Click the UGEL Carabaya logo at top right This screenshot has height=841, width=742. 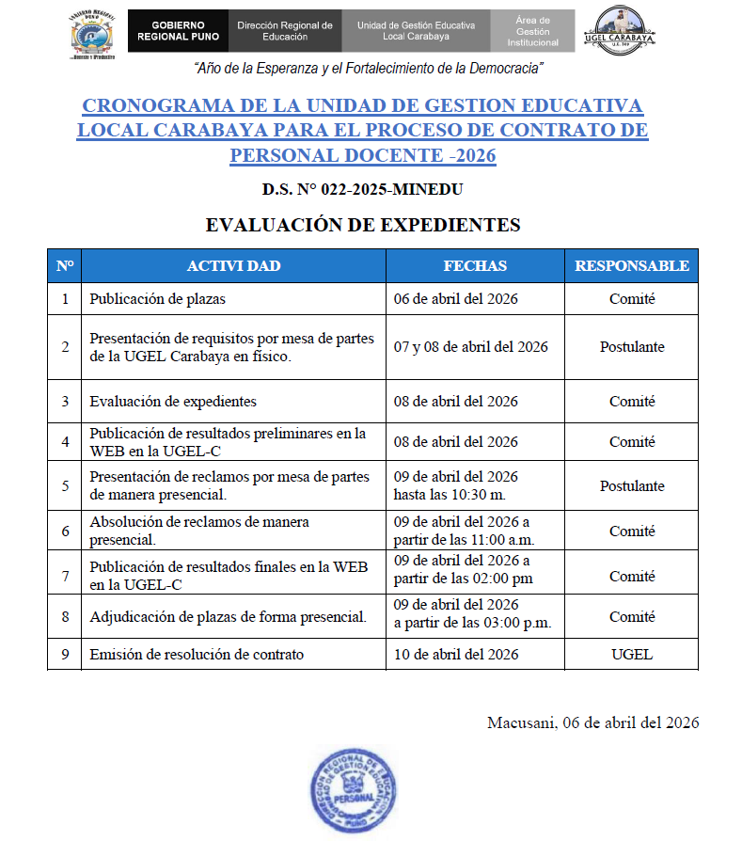point(620,31)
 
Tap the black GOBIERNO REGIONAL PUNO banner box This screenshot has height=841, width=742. point(177,31)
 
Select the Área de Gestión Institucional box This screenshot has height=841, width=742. point(532,31)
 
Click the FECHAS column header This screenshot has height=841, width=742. point(475,266)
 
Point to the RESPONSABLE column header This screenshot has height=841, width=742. point(631,266)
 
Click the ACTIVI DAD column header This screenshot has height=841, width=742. point(233,266)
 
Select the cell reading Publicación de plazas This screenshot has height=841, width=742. point(157,299)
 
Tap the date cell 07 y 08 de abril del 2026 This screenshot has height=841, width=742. point(470,347)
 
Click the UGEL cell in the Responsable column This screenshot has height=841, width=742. point(631,655)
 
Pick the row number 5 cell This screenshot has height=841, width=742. point(65,486)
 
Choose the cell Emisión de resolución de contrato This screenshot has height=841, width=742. point(197,655)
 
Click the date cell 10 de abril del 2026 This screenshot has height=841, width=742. point(456,655)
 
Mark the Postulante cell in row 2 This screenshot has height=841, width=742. point(631,347)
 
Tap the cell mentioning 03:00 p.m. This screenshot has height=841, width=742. point(471,615)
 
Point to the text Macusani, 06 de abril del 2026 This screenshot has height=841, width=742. point(592,722)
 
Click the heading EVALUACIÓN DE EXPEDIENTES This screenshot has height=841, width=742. point(362,225)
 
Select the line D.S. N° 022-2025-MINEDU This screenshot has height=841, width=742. point(362,190)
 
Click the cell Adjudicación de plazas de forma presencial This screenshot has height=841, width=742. point(228,617)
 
